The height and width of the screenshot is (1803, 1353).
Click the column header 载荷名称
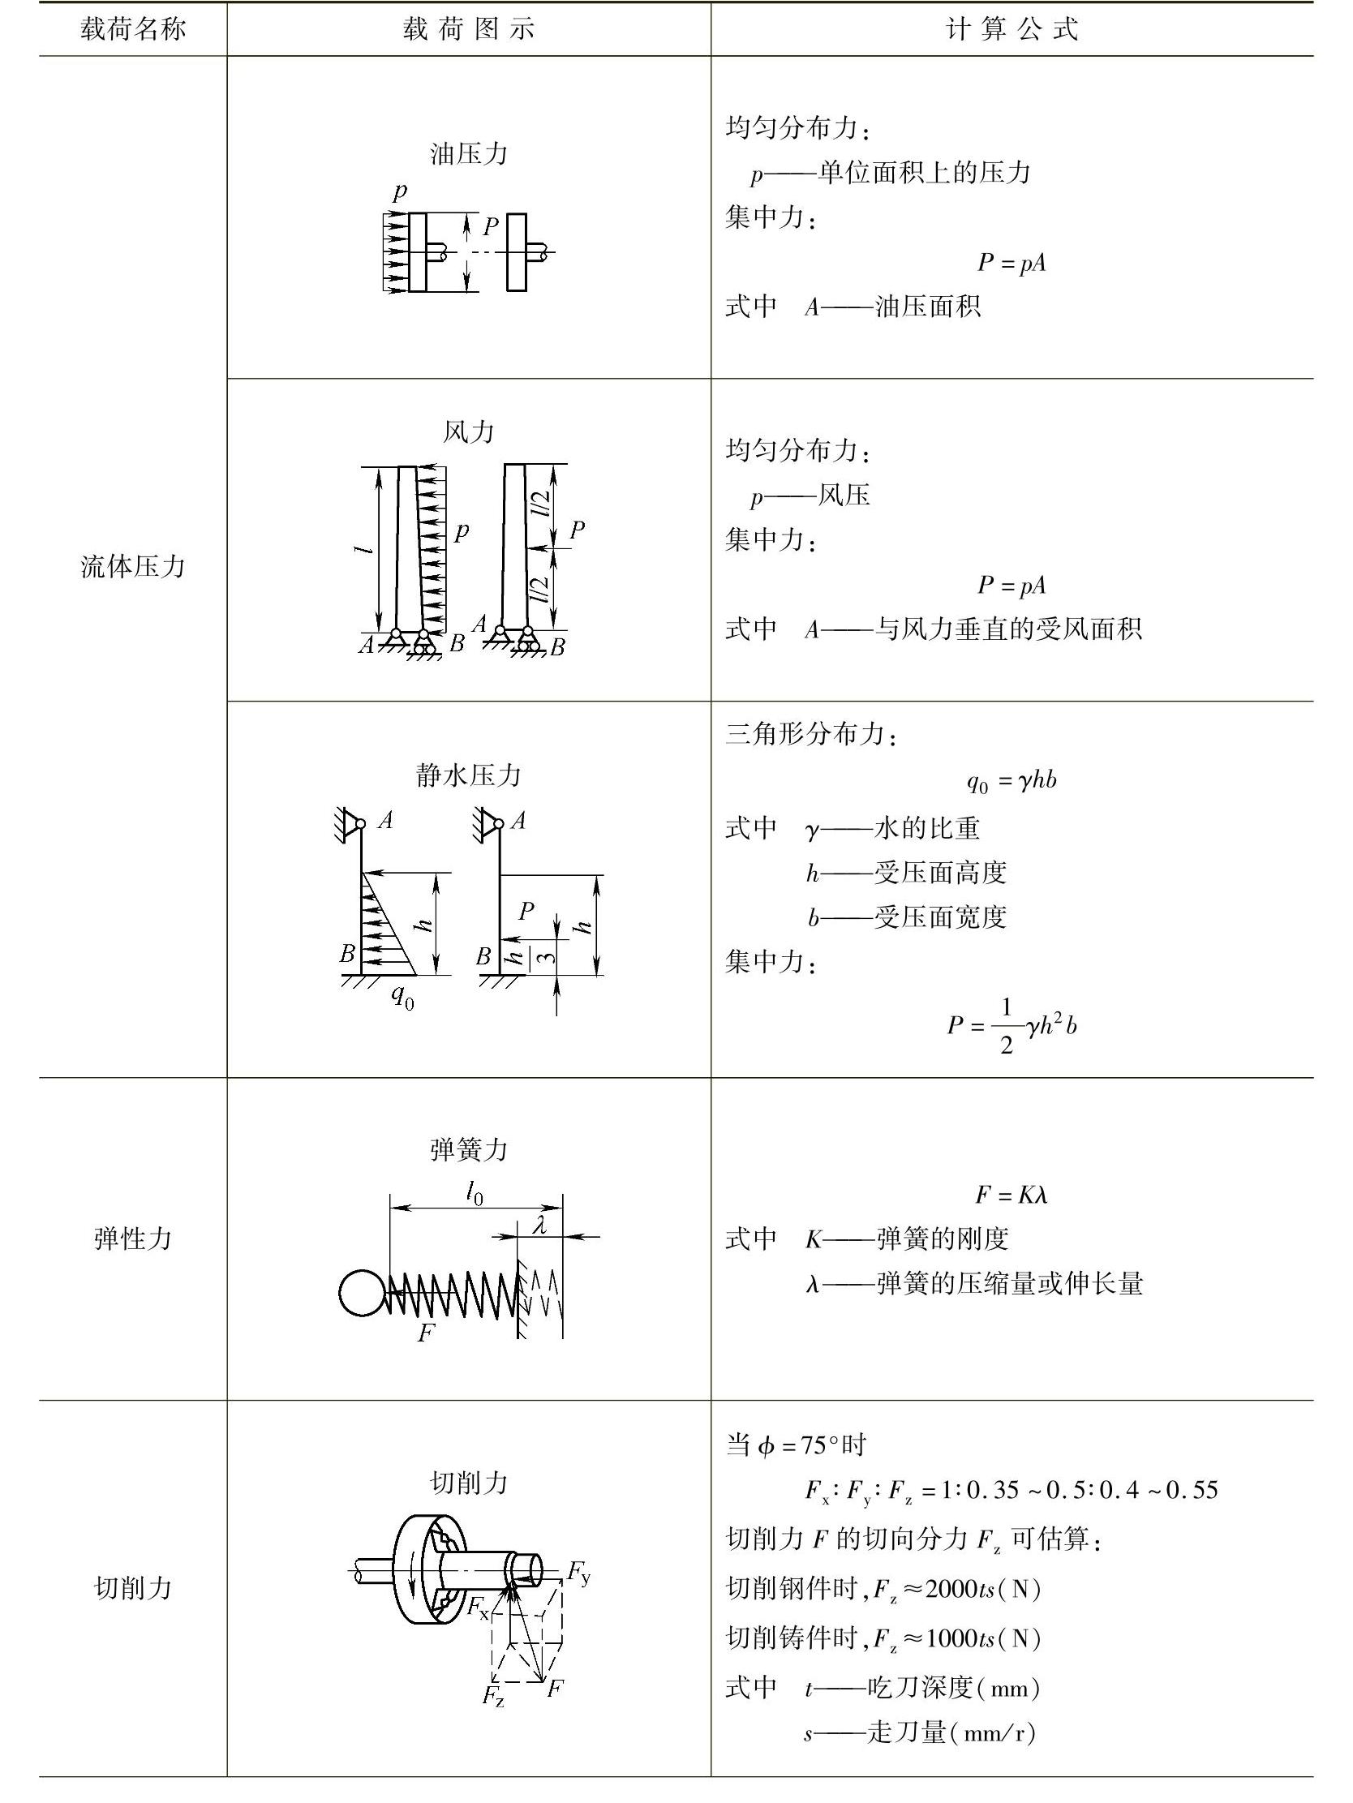point(133,29)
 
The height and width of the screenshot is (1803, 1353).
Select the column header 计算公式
point(1012,29)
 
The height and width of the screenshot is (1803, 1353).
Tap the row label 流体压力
point(133,565)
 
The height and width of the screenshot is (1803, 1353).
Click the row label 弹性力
point(133,1238)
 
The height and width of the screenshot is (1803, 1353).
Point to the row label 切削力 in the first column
point(133,1587)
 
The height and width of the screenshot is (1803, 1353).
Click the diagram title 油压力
point(469,154)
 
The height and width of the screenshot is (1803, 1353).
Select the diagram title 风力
point(469,431)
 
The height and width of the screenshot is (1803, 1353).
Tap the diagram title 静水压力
point(469,775)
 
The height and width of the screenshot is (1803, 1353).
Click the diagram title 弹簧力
point(469,1149)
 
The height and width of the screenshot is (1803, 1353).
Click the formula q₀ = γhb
point(1012,781)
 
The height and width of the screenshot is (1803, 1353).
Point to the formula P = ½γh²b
point(1012,1025)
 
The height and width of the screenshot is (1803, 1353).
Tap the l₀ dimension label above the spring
point(475,1194)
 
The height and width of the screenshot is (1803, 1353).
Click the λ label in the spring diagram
point(539,1224)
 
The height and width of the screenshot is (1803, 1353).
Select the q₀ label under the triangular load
point(402,996)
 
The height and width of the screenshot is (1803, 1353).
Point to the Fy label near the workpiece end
point(578,1572)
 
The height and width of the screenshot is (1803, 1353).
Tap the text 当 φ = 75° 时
point(796,1445)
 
